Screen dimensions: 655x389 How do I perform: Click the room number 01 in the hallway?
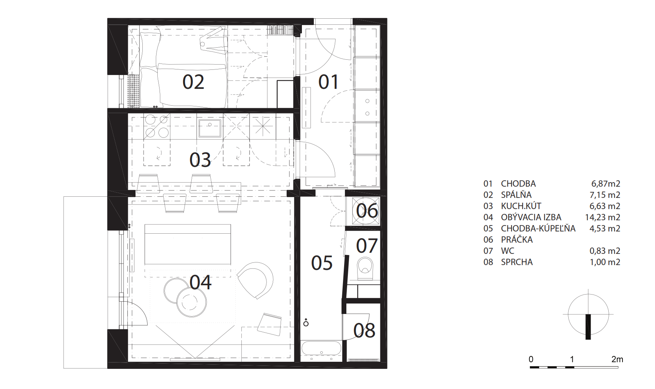tap(328, 82)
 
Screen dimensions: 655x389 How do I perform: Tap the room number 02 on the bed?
tap(193, 82)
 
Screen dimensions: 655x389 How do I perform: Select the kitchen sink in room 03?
tap(210, 128)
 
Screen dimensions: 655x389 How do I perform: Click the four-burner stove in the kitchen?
tap(157, 126)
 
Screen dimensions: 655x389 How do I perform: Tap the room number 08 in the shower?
tap(364, 331)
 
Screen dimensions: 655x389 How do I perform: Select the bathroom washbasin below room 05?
tap(321, 349)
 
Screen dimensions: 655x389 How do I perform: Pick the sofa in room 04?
tap(188, 245)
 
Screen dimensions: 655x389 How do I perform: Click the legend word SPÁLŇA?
tap(516, 195)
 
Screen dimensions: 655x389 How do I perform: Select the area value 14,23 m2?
tap(603, 217)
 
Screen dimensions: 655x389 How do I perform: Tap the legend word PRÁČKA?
tap(517, 240)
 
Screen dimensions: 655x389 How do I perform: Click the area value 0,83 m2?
tap(605, 251)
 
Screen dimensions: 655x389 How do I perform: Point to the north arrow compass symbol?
tap(588, 314)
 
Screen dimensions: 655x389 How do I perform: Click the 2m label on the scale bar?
tap(617, 359)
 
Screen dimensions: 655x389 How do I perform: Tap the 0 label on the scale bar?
tap(531, 359)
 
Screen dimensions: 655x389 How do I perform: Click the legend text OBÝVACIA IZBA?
tap(531, 217)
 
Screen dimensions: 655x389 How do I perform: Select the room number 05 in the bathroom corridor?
tap(322, 264)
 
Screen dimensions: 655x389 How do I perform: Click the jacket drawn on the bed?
tap(214, 42)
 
